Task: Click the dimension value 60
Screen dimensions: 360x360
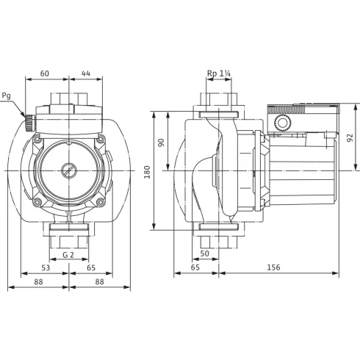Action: (44, 74)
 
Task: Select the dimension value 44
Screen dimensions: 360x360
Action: (87, 74)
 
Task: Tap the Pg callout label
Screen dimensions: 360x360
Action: (7, 95)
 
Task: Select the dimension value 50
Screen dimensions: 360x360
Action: (204, 253)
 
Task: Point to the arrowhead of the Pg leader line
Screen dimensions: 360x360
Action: (25, 114)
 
